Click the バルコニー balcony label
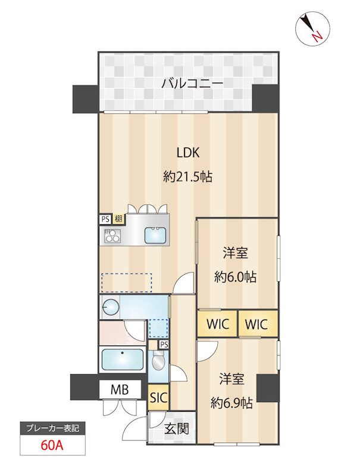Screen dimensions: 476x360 pos(192,83)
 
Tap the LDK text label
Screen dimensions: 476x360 pos(188,152)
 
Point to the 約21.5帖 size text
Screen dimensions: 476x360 pos(188,177)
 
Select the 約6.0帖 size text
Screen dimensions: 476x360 pos(235,277)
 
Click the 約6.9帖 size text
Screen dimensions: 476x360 pos(232,403)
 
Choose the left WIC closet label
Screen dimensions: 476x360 pos(217,325)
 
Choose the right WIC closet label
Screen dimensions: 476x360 pos(257,325)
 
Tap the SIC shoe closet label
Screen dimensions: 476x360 pos(159,398)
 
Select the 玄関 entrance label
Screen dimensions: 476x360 pos(177,428)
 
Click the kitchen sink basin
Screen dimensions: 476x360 pos(157,236)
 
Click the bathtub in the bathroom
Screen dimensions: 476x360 pos(123,359)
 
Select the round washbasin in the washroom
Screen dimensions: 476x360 pos(111,308)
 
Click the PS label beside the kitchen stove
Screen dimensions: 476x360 pos(105,219)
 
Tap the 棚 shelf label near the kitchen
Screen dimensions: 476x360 pos(118,219)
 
